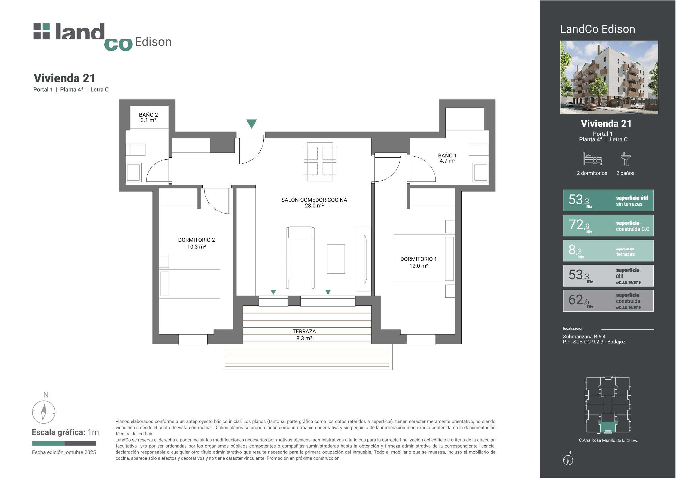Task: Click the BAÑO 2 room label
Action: point(148,117)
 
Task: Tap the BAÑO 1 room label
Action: point(447,158)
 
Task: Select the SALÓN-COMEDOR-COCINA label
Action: point(314,203)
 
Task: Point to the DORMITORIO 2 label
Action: point(196,243)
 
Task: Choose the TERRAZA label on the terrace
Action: point(304,335)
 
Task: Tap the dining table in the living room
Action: point(320,162)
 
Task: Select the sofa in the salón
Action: point(300,258)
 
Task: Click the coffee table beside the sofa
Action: point(336,259)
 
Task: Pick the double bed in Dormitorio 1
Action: point(424,259)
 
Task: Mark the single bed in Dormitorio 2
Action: point(190,284)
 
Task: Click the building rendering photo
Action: point(609,77)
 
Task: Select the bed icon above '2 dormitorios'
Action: point(592,159)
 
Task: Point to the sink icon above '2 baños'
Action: point(626,159)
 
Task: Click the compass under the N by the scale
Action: point(44,412)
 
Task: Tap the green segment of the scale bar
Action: point(48,443)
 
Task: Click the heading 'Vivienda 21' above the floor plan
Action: point(65,78)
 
